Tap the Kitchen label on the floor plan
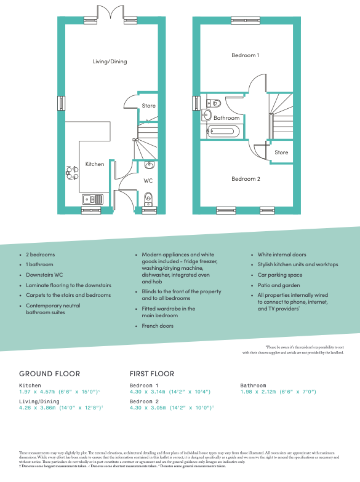(95, 164)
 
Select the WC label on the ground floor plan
(148, 181)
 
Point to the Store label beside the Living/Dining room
(149, 106)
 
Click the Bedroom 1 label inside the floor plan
(245, 55)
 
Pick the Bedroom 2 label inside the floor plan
(245, 179)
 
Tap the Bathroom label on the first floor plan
(226, 118)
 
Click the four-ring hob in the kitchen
(72, 173)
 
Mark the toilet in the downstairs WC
(148, 198)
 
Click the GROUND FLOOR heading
(49, 374)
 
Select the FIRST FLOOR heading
(152, 374)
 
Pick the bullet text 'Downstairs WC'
(46, 275)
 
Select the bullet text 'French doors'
(158, 326)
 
